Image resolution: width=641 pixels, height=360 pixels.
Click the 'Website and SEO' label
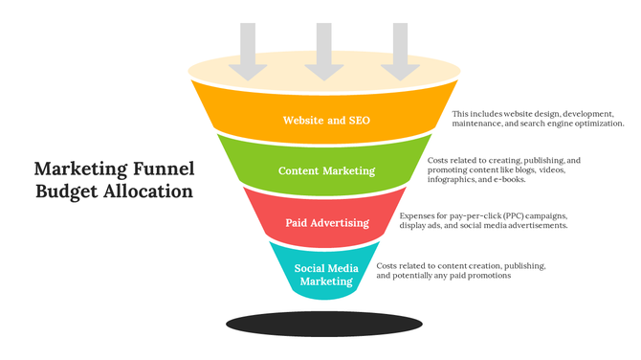point(326,121)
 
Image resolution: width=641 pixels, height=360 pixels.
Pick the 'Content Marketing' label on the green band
point(326,171)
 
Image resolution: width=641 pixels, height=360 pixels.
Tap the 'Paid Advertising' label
point(327,223)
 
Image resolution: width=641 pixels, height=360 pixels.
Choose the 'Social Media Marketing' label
point(326,275)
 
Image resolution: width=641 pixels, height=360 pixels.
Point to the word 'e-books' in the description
point(509,180)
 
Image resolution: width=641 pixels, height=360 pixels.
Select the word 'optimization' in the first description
point(596,124)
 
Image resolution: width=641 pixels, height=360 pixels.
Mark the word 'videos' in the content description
point(552,169)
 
